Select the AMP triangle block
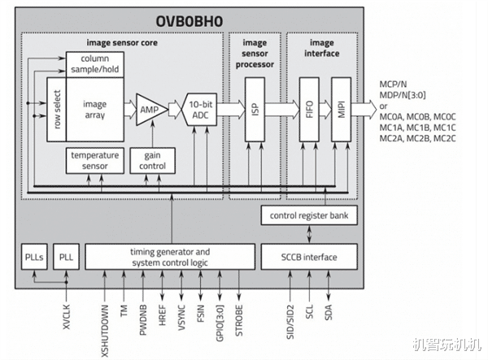[x=150, y=107]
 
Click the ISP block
[x=254, y=108]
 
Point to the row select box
[x=56, y=108]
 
